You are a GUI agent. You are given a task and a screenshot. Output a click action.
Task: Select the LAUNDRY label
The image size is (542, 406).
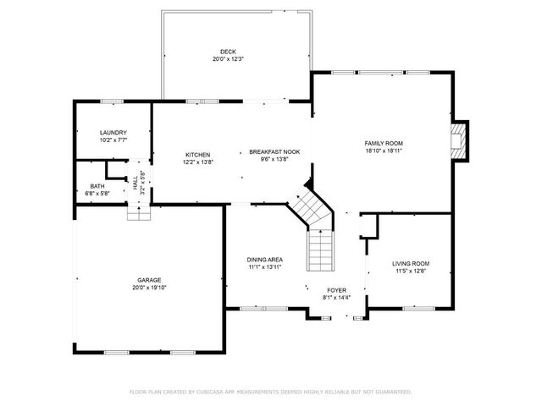(x=113, y=133)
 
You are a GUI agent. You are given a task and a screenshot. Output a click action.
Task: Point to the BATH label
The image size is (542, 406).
(x=97, y=185)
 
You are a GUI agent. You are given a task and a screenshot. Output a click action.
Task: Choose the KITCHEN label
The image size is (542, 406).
(x=197, y=155)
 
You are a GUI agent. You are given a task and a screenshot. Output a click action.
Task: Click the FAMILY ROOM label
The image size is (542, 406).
(x=384, y=144)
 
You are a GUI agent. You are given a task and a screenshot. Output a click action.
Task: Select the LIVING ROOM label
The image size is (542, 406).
(x=411, y=264)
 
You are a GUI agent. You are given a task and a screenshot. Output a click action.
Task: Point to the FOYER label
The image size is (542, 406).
(x=337, y=289)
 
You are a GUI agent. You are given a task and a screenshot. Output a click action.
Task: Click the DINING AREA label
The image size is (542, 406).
(x=265, y=260)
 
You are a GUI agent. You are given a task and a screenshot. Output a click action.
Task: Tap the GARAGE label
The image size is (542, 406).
(x=150, y=280)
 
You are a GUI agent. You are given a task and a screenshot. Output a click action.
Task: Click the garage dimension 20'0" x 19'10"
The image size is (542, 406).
(x=150, y=288)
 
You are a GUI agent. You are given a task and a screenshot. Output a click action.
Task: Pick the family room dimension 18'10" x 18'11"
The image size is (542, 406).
(x=384, y=151)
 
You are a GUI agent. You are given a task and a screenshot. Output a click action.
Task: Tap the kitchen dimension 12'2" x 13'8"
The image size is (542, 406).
(x=197, y=162)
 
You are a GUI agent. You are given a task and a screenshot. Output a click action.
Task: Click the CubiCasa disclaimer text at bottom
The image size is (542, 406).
(x=270, y=392)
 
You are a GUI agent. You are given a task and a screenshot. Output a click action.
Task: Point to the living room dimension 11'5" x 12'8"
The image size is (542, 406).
(x=411, y=272)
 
